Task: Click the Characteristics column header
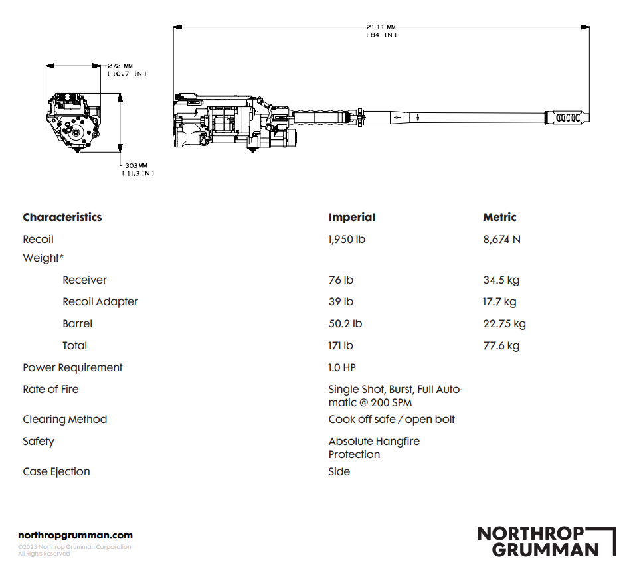coord(62,217)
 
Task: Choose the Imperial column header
coord(351,217)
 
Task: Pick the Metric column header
coord(499,217)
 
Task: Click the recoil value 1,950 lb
coord(347,239)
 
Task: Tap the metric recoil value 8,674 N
coord(501,239)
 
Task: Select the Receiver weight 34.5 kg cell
coord(501,280)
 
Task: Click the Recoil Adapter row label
coord(100,301)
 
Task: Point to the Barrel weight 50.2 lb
coord(345,323)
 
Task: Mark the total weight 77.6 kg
coord(501,345)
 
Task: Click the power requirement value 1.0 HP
coord(342,367)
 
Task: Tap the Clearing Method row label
coord(64,419)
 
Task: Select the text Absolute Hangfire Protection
coord(374,448)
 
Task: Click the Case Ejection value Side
coord(339,471)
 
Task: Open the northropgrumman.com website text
coord(75,535)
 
